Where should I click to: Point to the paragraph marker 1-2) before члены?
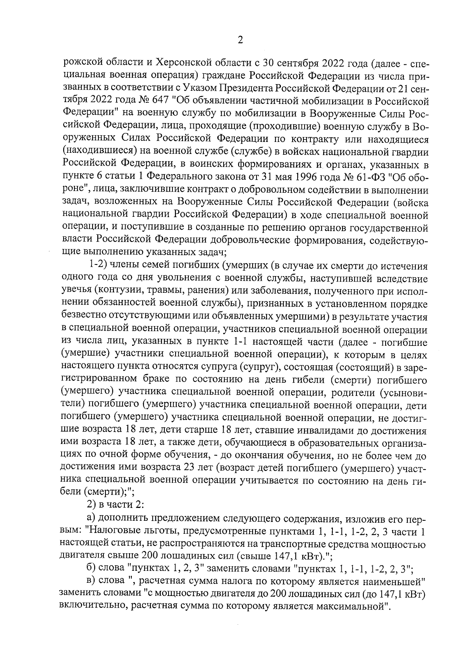98,266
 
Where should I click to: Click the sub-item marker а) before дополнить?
91,519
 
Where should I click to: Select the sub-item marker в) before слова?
91,582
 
